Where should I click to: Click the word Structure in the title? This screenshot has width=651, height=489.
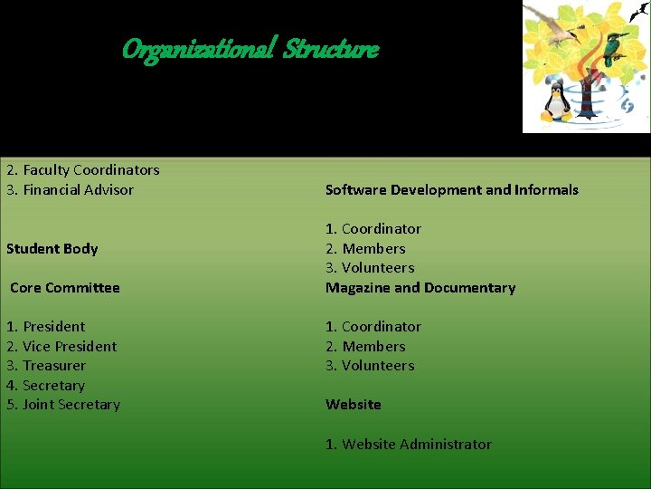(x=331, y=49)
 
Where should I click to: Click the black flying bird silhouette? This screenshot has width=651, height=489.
(x=638, y=11)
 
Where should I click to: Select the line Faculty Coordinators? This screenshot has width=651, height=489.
(x=90, y=170)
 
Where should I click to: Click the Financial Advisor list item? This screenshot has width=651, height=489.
(x=78, y=190)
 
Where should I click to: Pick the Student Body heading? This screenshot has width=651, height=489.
(x=52, y=249)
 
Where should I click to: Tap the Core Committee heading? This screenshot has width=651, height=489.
(x=65, y=288)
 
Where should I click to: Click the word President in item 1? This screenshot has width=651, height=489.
(x=54, y=327)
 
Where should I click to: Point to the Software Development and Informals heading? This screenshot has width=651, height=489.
(x=451, y=190)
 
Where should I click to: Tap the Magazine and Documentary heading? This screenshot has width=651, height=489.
(x=420, y=288)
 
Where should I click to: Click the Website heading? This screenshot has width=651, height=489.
(x=354, y=405)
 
